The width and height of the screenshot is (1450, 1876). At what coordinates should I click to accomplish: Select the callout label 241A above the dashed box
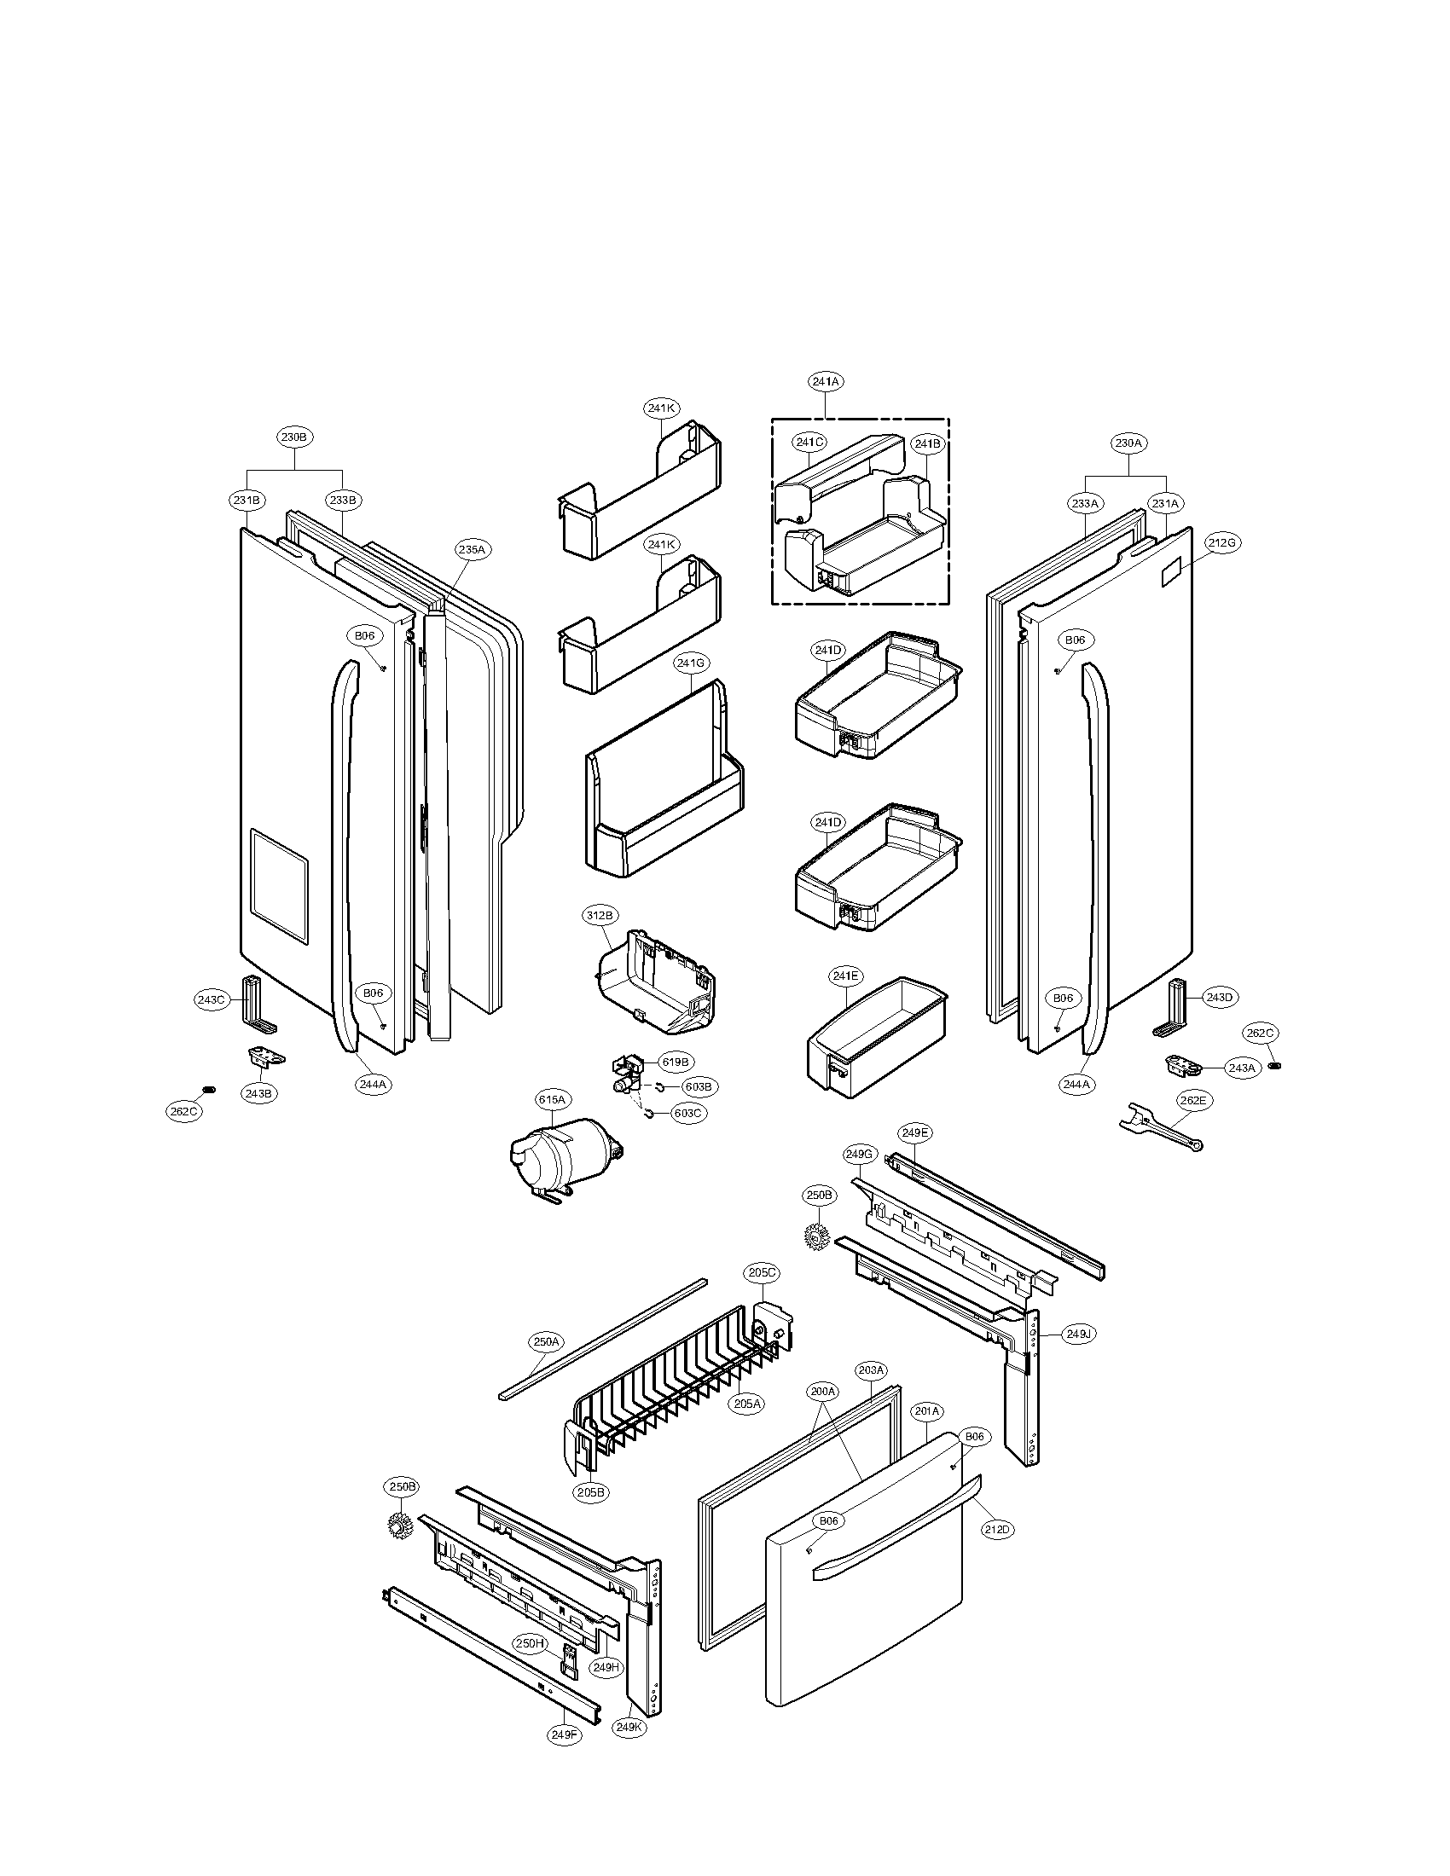pyautogui.click(x=825, y=381)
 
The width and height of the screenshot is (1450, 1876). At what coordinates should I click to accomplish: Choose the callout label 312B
pyautogui.click(x=600, y=917)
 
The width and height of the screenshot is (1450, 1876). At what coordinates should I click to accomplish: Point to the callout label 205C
pyautogui.click(x=762, y=1273)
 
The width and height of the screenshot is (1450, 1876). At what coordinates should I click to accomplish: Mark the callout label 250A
pyautogui.click(x=547, y=1340)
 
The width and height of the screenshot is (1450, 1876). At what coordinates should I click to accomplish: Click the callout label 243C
pyautogui.click(x=211, y=1000)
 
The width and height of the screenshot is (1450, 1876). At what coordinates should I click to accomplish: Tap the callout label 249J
pyautogui.click(x=1078, y=1334)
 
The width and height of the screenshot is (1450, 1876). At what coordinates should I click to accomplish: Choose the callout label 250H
pyautogui.click(x=531, y=1643)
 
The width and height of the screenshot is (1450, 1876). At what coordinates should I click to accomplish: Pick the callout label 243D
pyautogui.click(x=1219, y=998)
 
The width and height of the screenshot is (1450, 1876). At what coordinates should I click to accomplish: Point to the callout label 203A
pyautogui.click(x=871, y=1369)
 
